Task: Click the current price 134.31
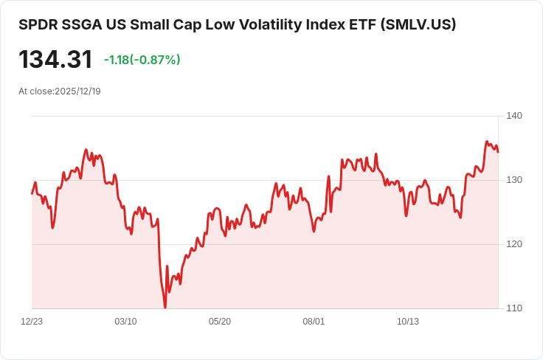(x=56, y=60)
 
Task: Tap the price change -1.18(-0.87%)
(x=142, y=60)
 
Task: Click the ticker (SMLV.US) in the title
(x=418, y=24)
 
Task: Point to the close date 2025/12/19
(x=77, y=91)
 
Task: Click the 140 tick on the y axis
(x=514, y=116)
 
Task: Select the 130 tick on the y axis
(x=514, y=180)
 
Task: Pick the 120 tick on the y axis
(x=514, y=244)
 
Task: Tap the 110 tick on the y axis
(x=514, y=308)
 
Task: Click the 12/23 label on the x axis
(x=32, y=322)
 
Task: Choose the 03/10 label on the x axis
(x=126, y=322)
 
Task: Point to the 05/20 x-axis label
(x=220, y=322)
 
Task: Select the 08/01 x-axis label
(x=314, y=322)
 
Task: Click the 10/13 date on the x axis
(x=408, y=322)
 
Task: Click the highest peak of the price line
(x=487, y=141)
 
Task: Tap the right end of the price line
(x=498, y=152)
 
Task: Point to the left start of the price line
(x=32, y=193)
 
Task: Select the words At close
(x=35, y=91)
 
